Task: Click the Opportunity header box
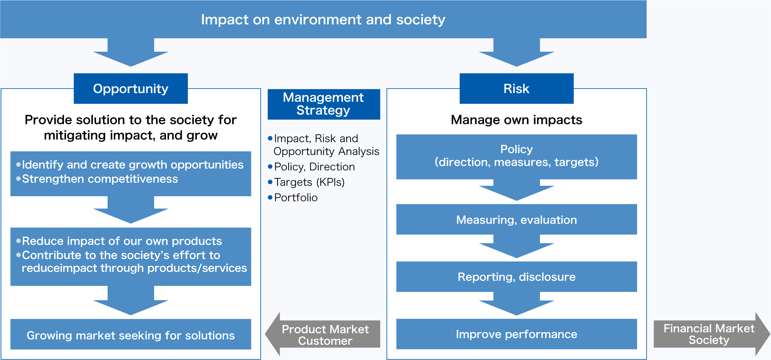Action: pyautogui.click(x=131, y=89)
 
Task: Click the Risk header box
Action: pyautogui.click(x=516, y=89)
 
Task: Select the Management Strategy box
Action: pyautogui.click(x=324, y=104)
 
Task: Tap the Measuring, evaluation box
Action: pyautogui.click(x=516, y=220)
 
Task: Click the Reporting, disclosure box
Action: pyautogui.click(x=516, y=277)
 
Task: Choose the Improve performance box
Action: pyautogui.click(x=516, y=334)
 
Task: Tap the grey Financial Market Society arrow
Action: pyautogui.click(x=709, y=334)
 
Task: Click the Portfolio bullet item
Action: pyautogui.click(x=295, y=198)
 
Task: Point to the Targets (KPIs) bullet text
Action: pyautogui.click(x=309, y=182)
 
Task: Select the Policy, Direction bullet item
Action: pyautogui.click(x=314, y=167)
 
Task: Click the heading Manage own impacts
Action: pyautogui.click(x=516, y=120)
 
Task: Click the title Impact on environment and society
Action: pyautogui.click(x=323, y=20)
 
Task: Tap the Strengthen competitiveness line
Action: pyautogui.click(x=100, y=179)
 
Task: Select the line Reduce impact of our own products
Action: pyautogui.click(x=121, y=241)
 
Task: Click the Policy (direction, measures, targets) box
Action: pyautogui.click(x=516, y=156)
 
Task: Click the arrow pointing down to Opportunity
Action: pyautogui.click(x=131, y=53)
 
